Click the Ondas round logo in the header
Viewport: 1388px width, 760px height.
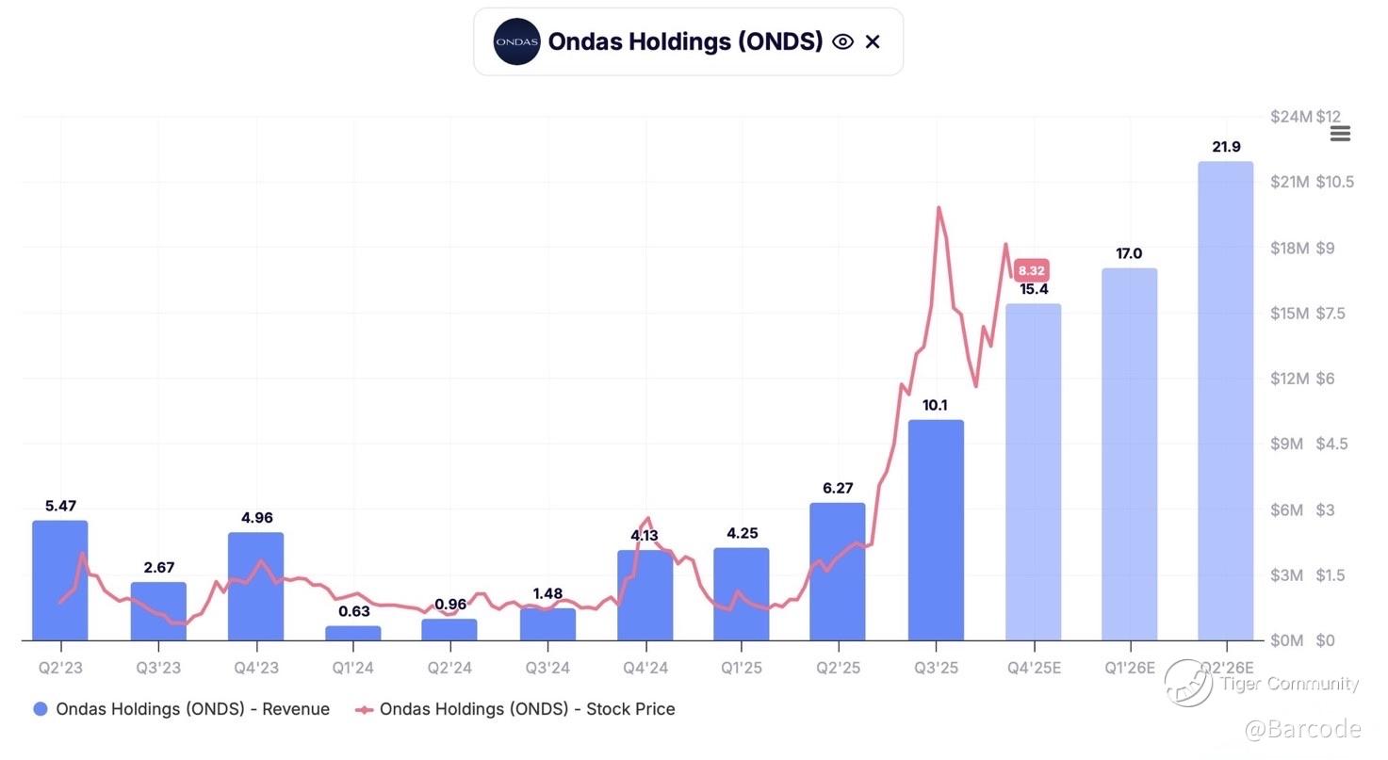coord(516,41)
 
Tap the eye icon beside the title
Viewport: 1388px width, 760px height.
coord(842,41)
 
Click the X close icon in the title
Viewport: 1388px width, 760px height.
coord(873,41)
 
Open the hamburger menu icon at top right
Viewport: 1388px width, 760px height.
coord(1340,134)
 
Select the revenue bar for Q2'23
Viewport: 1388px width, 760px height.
coord(60,580)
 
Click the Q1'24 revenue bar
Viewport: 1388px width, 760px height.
coord(353,633)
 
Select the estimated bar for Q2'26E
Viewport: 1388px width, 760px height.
coord(1225,401)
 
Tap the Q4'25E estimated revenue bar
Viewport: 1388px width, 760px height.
coord(1033,472)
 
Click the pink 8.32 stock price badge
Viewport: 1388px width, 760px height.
coord(1032,270)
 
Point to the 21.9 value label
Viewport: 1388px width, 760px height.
coord(1226,147)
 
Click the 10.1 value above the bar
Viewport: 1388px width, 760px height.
coord(935,406)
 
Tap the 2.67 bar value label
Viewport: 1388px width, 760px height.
coord(158,568)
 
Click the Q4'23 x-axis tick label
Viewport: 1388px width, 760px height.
coord(255,668)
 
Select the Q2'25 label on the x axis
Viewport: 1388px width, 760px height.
coord(838,668)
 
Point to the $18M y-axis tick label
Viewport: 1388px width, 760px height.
coord(1289,248)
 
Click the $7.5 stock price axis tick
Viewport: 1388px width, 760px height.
coord(1335,313)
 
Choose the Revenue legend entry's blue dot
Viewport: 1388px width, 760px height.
coord(41,709)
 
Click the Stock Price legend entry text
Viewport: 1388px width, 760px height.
coord(527,709)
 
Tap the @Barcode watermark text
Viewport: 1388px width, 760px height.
coord(1302,729)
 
